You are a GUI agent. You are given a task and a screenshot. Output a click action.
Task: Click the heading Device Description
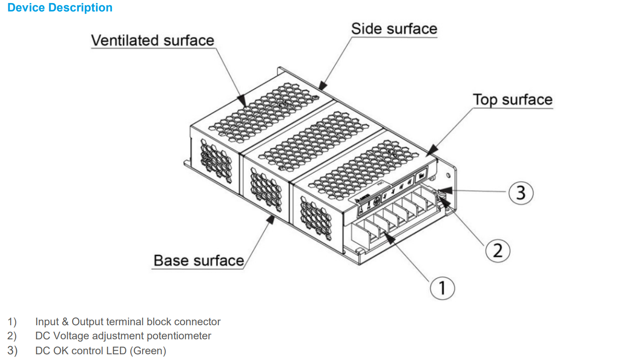point(60,8)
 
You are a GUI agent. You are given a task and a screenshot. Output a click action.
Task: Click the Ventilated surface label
point(152,40)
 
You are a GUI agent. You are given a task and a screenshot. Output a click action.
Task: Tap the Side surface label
point(394,29)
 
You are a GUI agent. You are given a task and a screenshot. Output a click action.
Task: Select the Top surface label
point(512,100)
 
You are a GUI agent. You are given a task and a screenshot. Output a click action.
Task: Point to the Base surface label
point(199,261)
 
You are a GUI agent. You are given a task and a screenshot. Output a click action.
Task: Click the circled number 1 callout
point(441,288)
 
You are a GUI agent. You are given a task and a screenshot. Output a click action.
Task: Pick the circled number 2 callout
point(497,250)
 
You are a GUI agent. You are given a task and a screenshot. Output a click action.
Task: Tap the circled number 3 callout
point(521,192)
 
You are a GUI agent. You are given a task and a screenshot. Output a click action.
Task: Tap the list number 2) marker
point(12,336)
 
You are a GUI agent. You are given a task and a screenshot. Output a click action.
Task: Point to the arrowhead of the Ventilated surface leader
point(242,102)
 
